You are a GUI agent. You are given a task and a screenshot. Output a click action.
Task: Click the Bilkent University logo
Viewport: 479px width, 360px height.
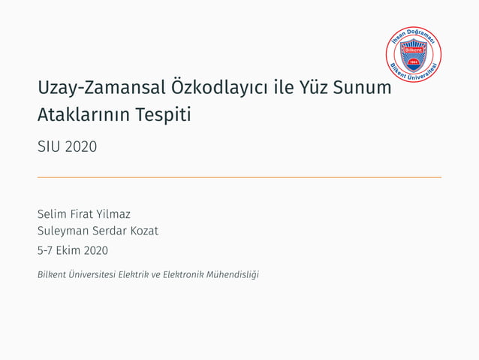[413, 54]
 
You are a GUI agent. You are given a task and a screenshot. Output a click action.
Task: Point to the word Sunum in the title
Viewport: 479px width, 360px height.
[367, 88]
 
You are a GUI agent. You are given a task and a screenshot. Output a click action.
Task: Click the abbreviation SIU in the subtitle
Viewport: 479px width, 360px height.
[49, 147]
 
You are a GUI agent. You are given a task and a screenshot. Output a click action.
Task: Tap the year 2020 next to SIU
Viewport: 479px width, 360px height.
[81, 147]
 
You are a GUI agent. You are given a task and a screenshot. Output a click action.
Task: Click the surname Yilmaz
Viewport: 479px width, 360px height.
[113, 214]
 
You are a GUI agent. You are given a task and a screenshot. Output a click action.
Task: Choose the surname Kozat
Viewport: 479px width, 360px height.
[143, 231]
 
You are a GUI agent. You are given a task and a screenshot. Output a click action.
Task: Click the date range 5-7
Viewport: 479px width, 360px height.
[47, 250]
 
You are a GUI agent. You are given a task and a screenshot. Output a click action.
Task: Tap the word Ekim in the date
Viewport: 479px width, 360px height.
[70, 250]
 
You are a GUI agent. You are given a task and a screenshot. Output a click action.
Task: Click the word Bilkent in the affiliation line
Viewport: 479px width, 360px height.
[51, 274]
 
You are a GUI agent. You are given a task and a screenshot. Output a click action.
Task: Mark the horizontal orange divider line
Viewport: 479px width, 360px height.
[239, 177]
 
